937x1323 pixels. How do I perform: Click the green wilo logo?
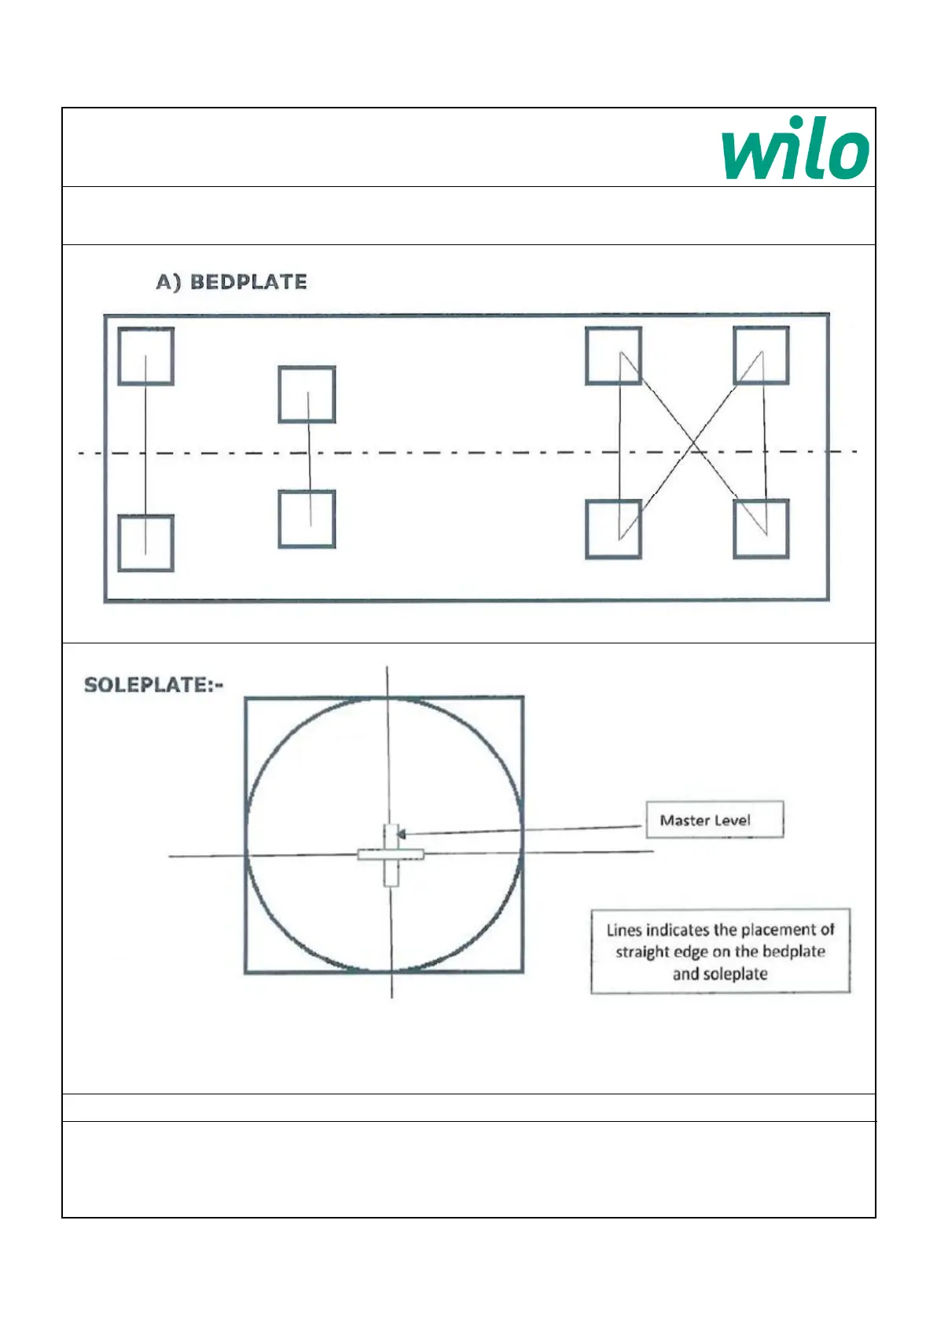coord(796,149)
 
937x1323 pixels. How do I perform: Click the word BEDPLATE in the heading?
coord(248,282)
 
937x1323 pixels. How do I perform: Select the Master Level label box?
coord(714,820)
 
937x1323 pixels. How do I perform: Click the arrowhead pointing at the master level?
coord(401,834)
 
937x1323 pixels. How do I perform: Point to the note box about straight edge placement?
coord(720,951)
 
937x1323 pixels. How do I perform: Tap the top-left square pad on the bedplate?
coord(145,357)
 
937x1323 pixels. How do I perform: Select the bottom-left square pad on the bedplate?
coord(145,543)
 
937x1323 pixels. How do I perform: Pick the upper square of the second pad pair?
coord(307,394)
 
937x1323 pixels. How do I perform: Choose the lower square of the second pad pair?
coord(307,519)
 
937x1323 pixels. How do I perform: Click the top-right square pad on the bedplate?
coord(761,356)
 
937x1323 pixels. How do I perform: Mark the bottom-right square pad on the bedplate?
coord(761,529)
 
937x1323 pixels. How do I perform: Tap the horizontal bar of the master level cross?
coord(391,854)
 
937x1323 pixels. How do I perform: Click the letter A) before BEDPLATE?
coord(168,282)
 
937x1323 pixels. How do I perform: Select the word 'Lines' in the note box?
coord(624,930)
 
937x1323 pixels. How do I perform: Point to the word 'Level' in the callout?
coord(732,820)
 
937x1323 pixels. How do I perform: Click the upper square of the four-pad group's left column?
coord(613,356)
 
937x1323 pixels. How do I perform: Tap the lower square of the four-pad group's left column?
coord(613,529)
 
